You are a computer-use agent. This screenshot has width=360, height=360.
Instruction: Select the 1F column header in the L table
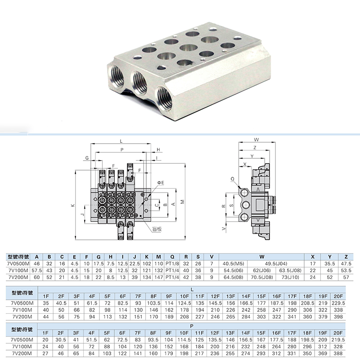point(45,296)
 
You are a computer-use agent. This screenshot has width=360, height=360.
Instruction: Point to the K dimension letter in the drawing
point(72,206)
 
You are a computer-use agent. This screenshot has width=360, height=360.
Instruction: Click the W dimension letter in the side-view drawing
point(256,139)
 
